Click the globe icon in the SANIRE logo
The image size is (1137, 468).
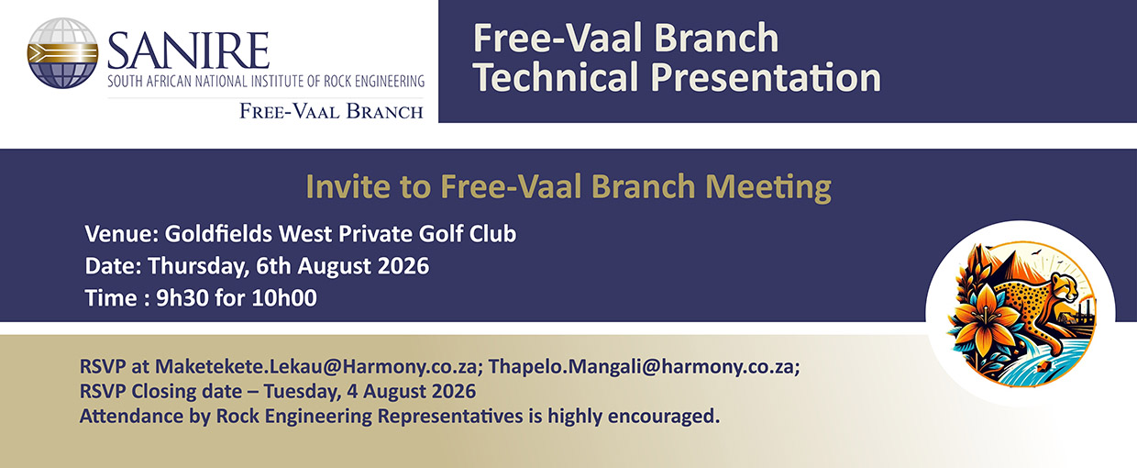coord(62,53)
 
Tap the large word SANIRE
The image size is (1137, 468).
coord(188,50)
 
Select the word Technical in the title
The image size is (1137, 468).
coord(557,77)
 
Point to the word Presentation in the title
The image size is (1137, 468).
coord(766,78)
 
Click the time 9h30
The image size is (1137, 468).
coord(182,297)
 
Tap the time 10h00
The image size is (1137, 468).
coord(284,297)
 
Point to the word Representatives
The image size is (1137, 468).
coord(450,417)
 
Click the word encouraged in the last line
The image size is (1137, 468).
coord(664,417)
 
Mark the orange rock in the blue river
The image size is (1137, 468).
coord(1041,367)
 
